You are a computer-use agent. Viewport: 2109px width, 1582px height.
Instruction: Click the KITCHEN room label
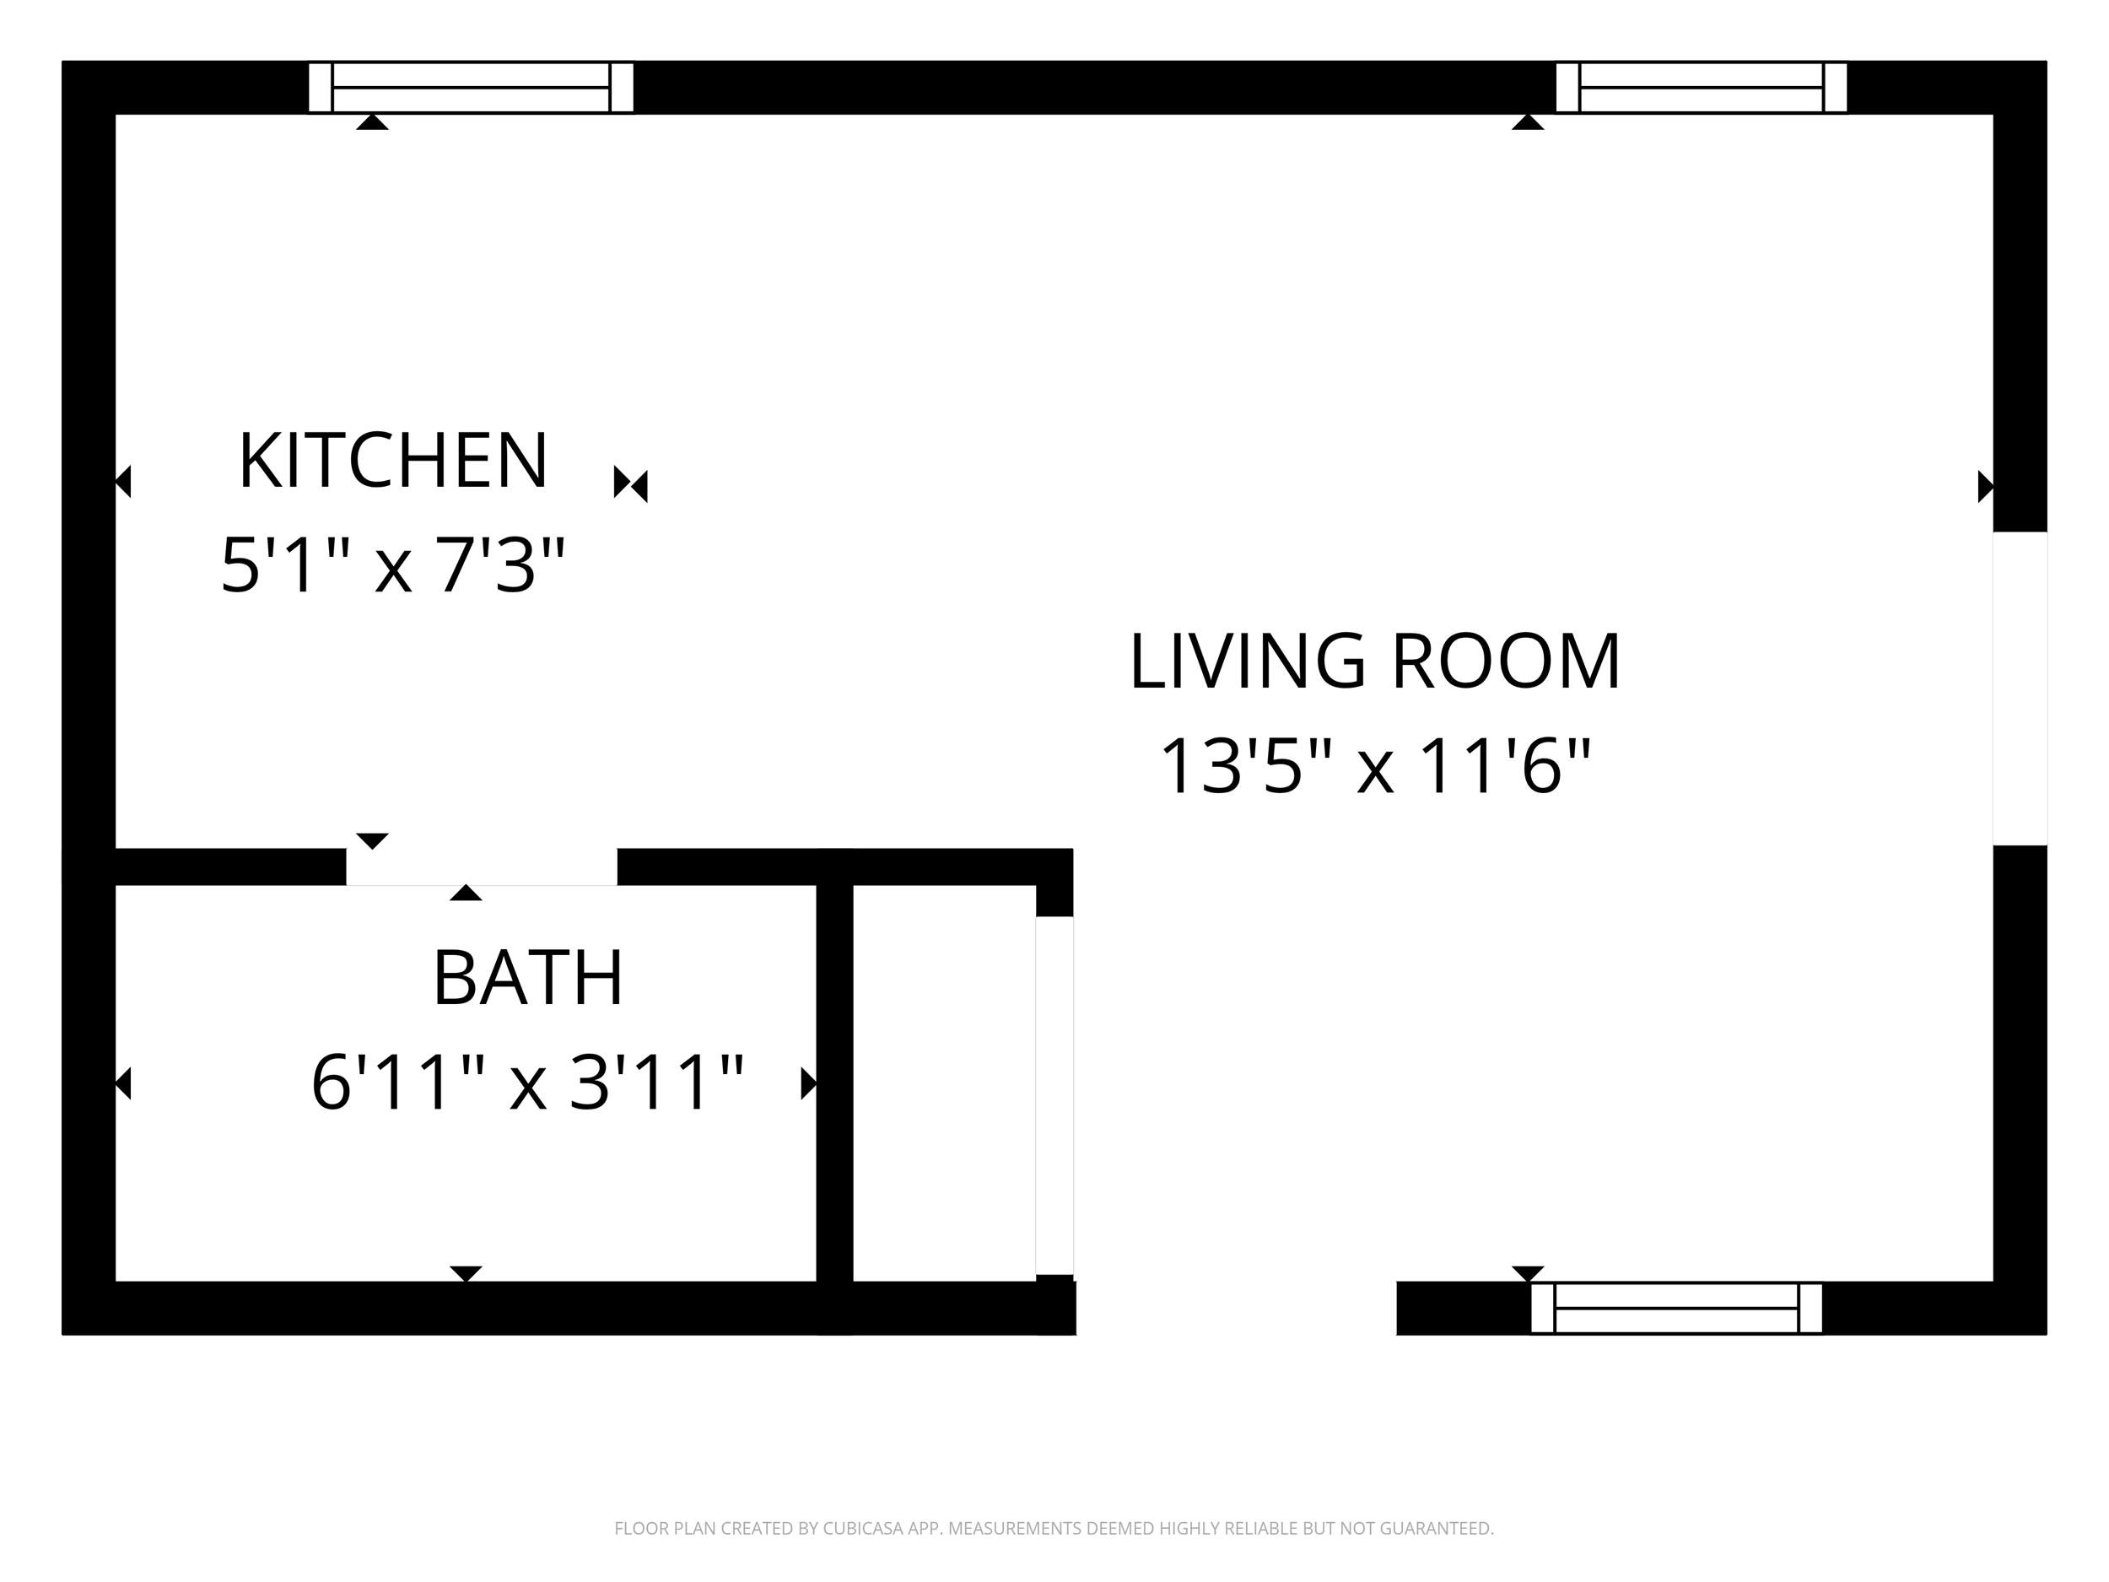tap(393, 461)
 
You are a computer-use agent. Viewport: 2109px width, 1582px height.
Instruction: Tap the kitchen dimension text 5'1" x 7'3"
tap(393, 565)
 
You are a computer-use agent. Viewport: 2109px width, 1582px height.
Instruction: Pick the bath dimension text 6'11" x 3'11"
tap(527, 1083)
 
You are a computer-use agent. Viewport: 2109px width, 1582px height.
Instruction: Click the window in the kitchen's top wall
tap(471, 88)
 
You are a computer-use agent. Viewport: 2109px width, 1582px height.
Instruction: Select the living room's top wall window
tap(1701, 88)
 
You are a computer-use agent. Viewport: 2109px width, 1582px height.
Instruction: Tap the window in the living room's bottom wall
tap(1676, 1308)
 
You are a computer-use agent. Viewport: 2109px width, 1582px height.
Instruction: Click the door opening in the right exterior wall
tap(2020, 688)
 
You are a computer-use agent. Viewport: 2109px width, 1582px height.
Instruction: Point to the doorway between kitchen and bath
tap(482, 867)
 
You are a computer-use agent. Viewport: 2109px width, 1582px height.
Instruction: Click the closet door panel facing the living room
tap(1054, 1096)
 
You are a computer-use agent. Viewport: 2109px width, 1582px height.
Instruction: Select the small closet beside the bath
tap(944, 1083)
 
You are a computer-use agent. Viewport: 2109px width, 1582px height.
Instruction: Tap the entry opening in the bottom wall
tap(1237, 1308)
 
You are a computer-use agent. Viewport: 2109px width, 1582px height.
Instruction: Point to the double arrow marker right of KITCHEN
tap(630, 484)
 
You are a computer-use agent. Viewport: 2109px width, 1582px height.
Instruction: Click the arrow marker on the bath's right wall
tap(808, 1083)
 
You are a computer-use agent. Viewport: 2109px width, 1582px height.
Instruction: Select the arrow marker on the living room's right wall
tap(1986, 486)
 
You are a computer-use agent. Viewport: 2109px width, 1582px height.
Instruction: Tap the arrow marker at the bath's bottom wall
tap(466, 1274)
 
